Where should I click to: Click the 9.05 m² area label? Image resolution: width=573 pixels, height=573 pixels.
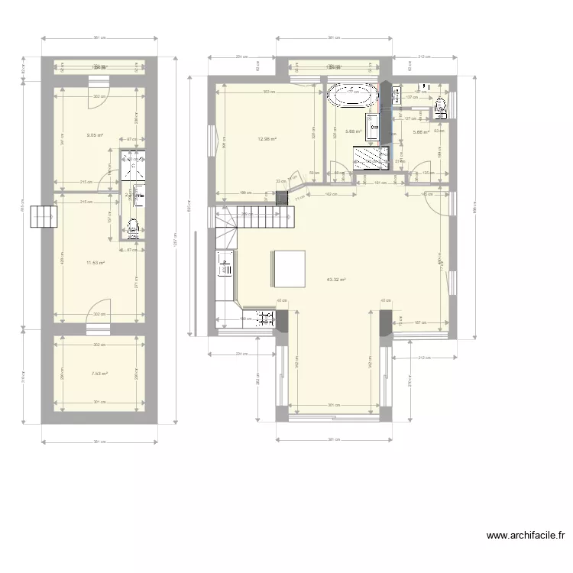[95, 135]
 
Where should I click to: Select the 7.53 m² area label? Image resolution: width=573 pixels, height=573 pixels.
[99, 374]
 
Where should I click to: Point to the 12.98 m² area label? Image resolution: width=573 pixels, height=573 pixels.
[267, 138]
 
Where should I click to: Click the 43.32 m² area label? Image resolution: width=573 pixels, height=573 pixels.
[335, 280]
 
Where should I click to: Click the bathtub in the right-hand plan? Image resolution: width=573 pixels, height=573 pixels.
[352, 97]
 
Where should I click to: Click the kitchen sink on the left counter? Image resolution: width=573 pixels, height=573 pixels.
[226, 267]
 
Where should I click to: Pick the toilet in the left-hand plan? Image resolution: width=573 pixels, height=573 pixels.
[133, 226]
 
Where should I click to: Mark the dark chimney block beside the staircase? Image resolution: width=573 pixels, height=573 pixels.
[282, 199]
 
